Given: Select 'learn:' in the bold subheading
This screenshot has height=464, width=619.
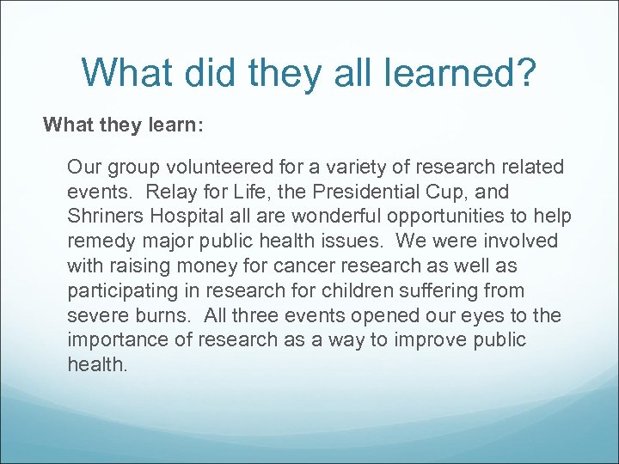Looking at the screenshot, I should tap(175, 125).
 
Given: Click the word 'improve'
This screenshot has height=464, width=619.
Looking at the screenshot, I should tap(441, 339).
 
